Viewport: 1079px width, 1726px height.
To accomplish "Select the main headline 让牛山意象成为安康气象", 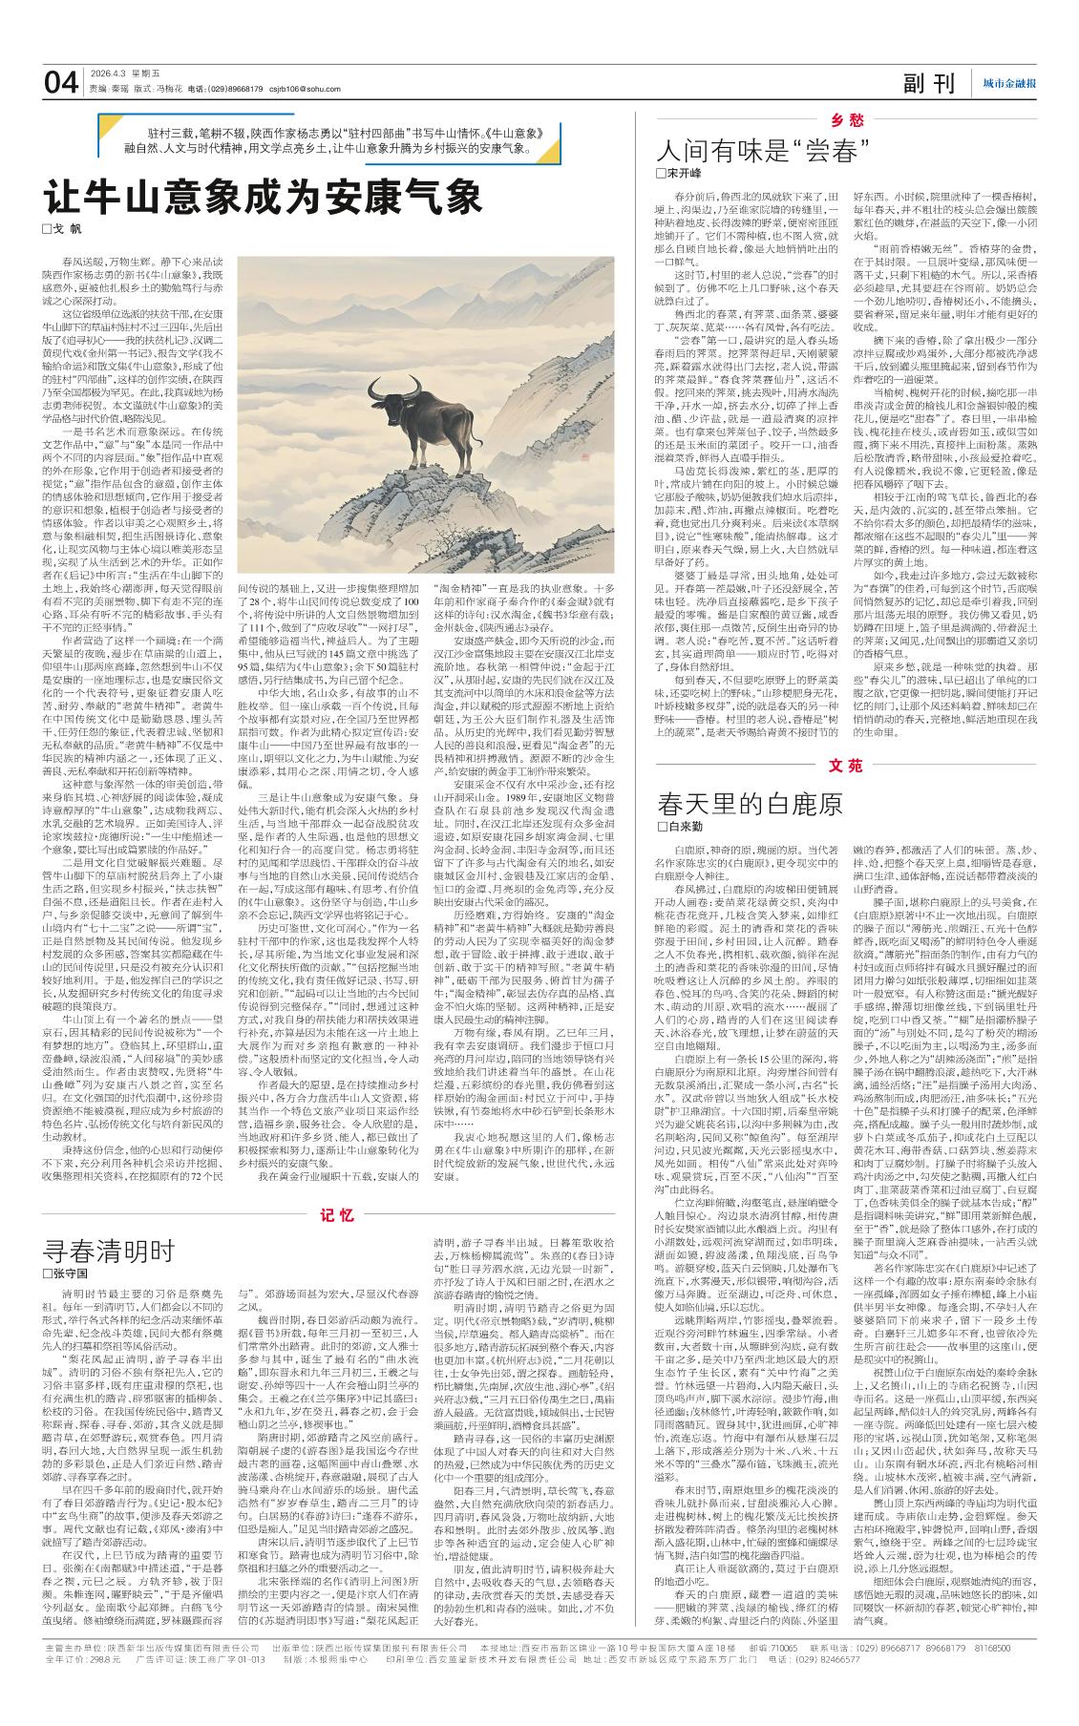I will coord(264,199).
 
